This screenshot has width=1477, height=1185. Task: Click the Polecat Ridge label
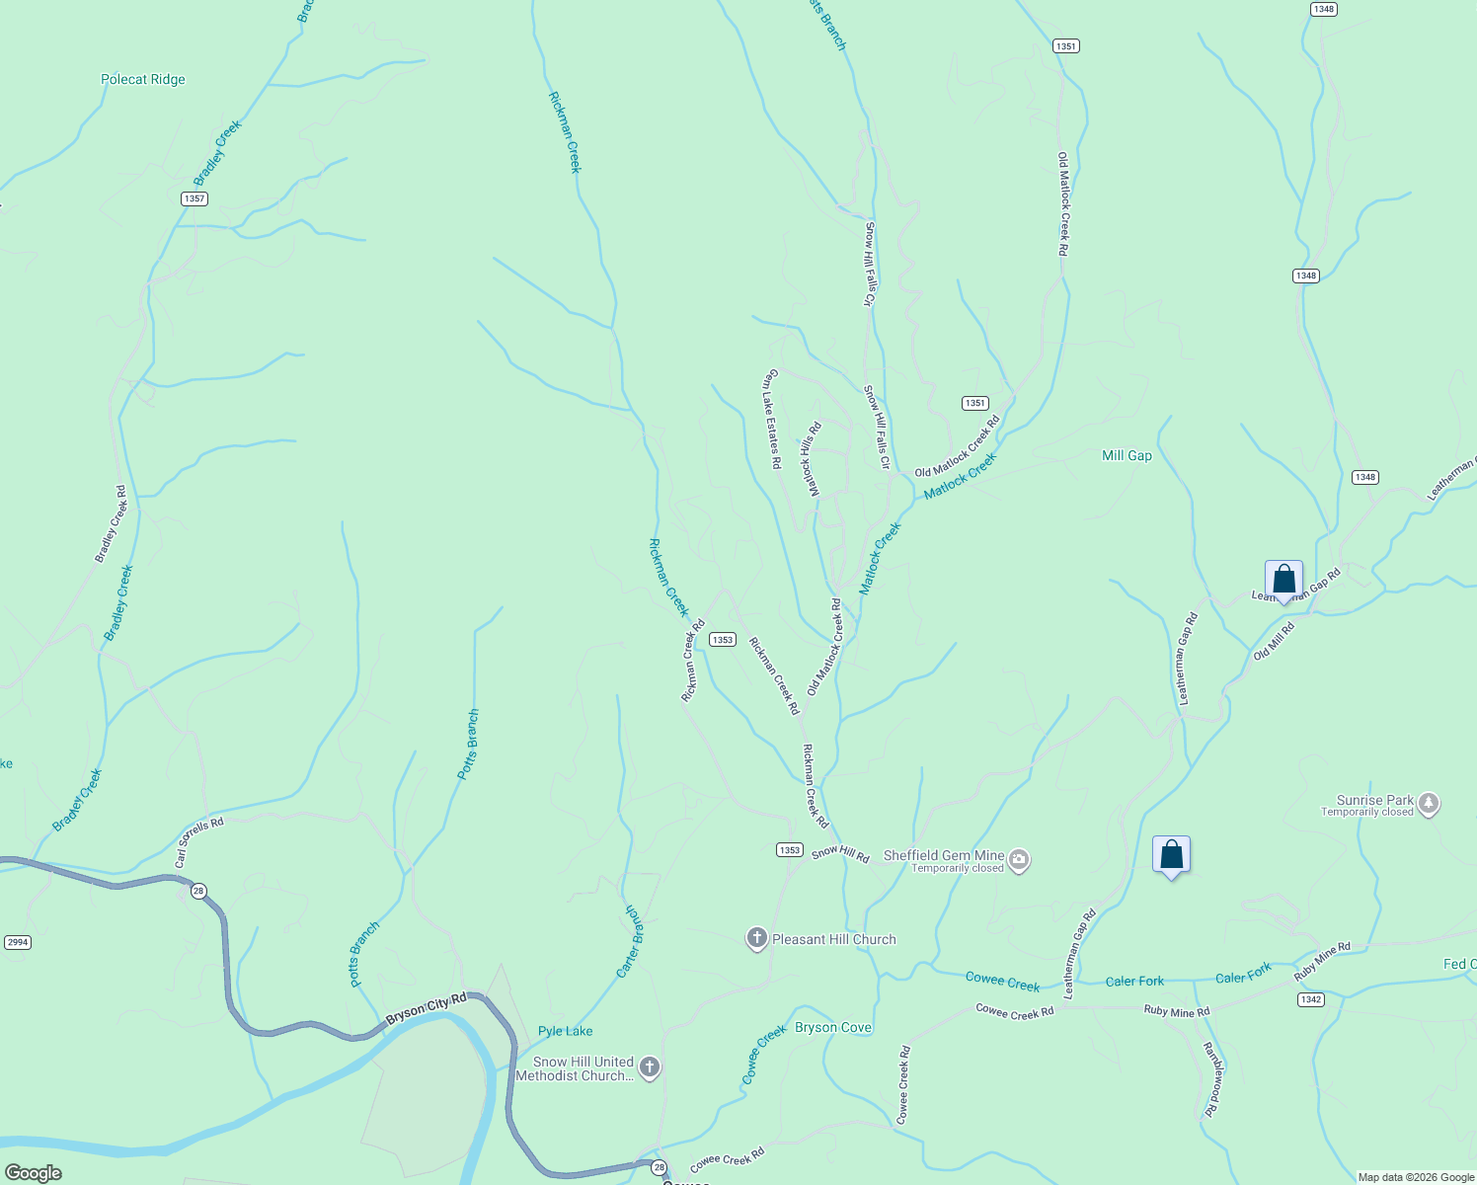coord(143,80)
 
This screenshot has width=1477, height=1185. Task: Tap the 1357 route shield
coord(194,198)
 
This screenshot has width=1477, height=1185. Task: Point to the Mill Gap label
coord(1127,455)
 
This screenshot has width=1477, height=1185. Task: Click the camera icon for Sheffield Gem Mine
coord(1020,860)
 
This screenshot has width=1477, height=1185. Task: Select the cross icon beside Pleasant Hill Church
coord(757,938)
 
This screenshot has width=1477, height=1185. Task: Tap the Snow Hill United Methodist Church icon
coord(649,1066)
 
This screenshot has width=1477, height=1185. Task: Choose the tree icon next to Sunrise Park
coord(1429,805)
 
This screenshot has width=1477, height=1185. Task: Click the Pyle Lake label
coord(566,1031)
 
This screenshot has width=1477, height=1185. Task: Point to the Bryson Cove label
coord(833,1027)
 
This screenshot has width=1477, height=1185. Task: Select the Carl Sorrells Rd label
coord(199,842)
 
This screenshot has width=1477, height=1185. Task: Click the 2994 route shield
coord(18,942)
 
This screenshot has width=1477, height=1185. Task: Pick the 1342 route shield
coord(1310,999)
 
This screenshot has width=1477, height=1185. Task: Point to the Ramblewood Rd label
coord(1210,1079)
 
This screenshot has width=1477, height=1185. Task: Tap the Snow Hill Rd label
coord(840,853)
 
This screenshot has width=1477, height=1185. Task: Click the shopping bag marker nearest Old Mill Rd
coord(1283,580)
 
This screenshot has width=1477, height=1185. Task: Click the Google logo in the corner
coord(33,1172)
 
